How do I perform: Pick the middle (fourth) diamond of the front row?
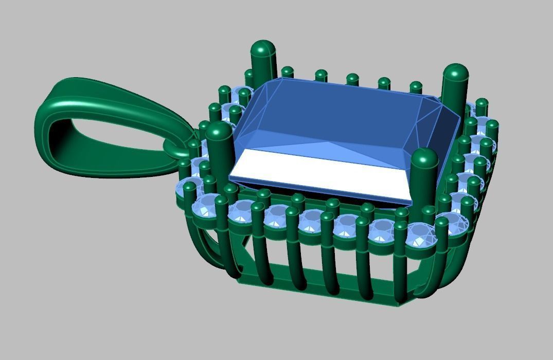(311, 220)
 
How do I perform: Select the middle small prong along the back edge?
(352, 79)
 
